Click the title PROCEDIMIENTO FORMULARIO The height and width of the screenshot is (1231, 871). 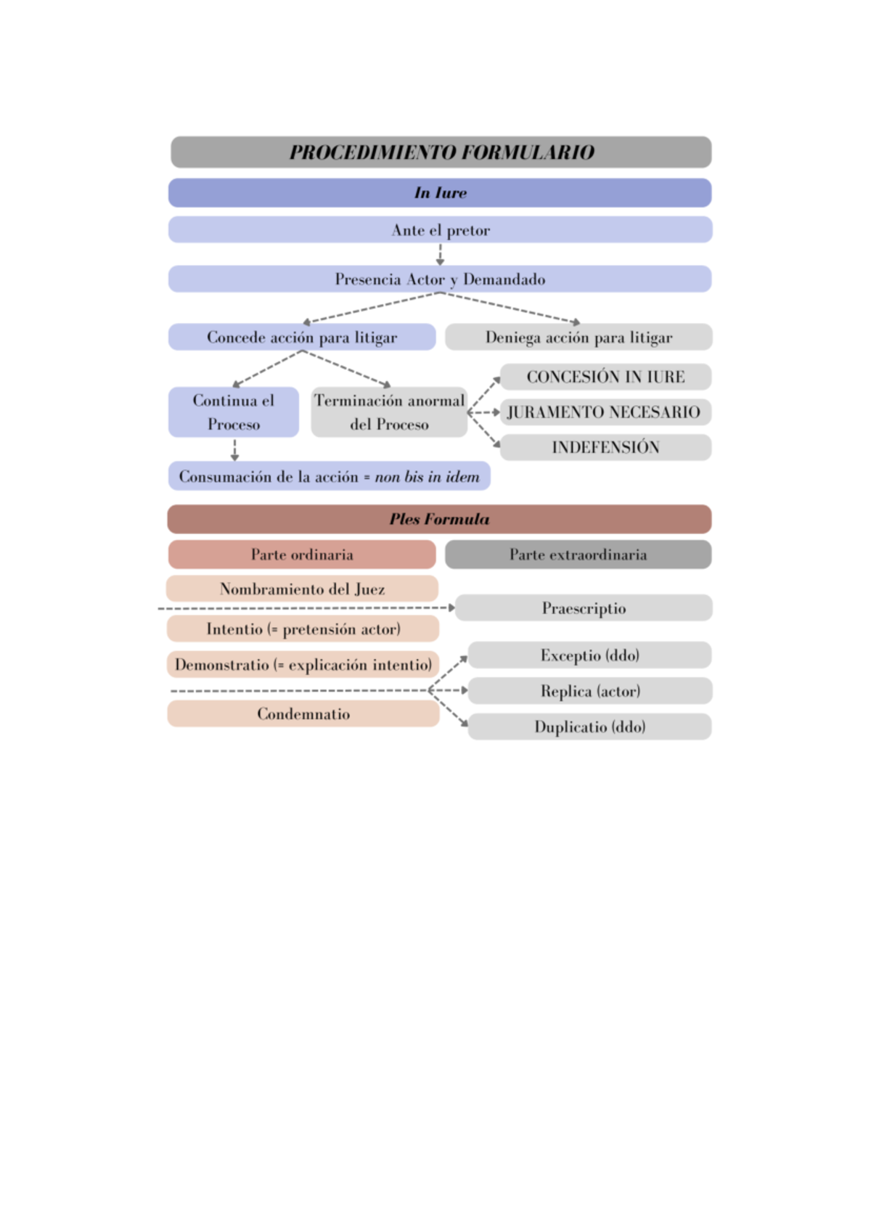(441, 152)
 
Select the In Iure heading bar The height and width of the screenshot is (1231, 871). (440, 193)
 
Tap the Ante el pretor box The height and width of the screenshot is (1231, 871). (440, 230)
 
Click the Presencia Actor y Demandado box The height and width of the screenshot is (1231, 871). (440, 279)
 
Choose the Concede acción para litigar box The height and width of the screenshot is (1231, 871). (302, 338)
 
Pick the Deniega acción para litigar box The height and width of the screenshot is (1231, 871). (578, 338)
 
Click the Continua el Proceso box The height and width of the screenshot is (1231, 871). (233, 412)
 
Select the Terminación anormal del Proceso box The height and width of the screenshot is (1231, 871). (389, 412)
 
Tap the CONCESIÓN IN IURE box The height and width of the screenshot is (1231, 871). (605, 377)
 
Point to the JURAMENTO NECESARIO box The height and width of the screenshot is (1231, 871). (605, 412)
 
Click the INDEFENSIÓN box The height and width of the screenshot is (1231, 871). (605, 447)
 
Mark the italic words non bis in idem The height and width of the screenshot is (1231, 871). (427, 477)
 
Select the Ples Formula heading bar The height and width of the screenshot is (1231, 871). (439, 519)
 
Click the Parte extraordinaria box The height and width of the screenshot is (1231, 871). (578, 555)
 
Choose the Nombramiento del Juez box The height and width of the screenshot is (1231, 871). (302, 589)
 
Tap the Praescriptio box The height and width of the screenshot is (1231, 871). (584, 608)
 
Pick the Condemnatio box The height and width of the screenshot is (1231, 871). (303, 714)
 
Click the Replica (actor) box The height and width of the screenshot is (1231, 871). (590, 691)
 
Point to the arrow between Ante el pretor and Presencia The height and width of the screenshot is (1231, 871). (440, 254)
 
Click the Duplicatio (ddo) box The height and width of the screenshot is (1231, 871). (590, 727)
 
